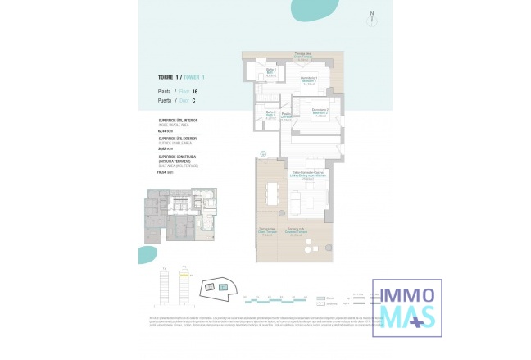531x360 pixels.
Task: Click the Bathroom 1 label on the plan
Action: [271, 73]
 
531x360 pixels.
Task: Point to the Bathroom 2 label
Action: [271, 113]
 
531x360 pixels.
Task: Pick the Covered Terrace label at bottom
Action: [296, 231]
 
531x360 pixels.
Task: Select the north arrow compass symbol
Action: [370, 15]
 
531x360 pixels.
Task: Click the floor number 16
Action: [195, 91]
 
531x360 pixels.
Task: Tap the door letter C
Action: [193, 100]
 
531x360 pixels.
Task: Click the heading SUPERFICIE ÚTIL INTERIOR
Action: [178, 121]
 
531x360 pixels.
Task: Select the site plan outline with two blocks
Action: [219, 286]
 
